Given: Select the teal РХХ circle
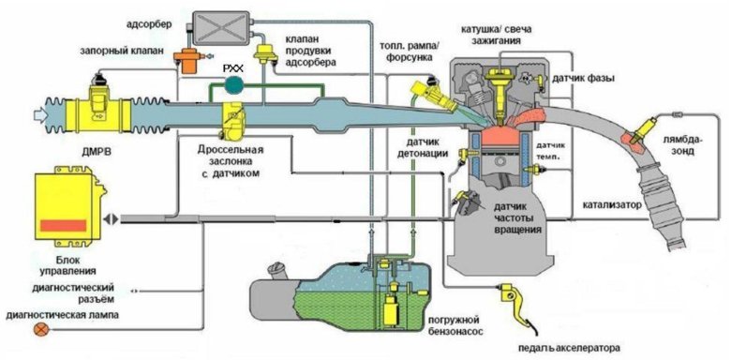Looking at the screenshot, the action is (x=234, y=83).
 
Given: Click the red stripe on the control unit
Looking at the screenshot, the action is (x=64, y=225).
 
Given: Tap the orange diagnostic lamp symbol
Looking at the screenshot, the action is (x=41, y=330).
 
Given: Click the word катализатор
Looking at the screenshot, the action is (x=611, y=204).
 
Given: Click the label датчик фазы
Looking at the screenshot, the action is (x=583, y=79).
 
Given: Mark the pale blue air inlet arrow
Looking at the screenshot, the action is (x=39, y=112).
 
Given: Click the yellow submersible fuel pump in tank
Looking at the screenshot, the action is (x=390, y=308).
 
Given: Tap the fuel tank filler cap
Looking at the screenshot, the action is (x=274, y=269).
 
